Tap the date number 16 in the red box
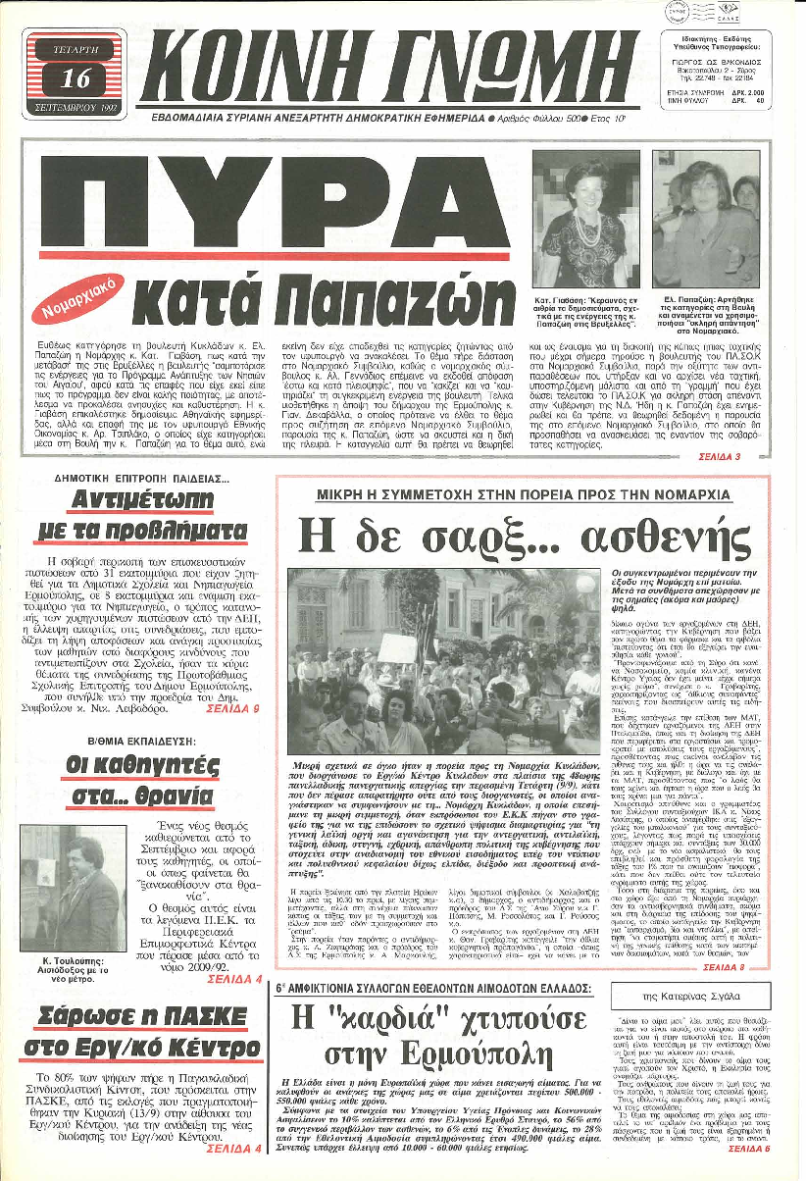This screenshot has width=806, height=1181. coord(75,77)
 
